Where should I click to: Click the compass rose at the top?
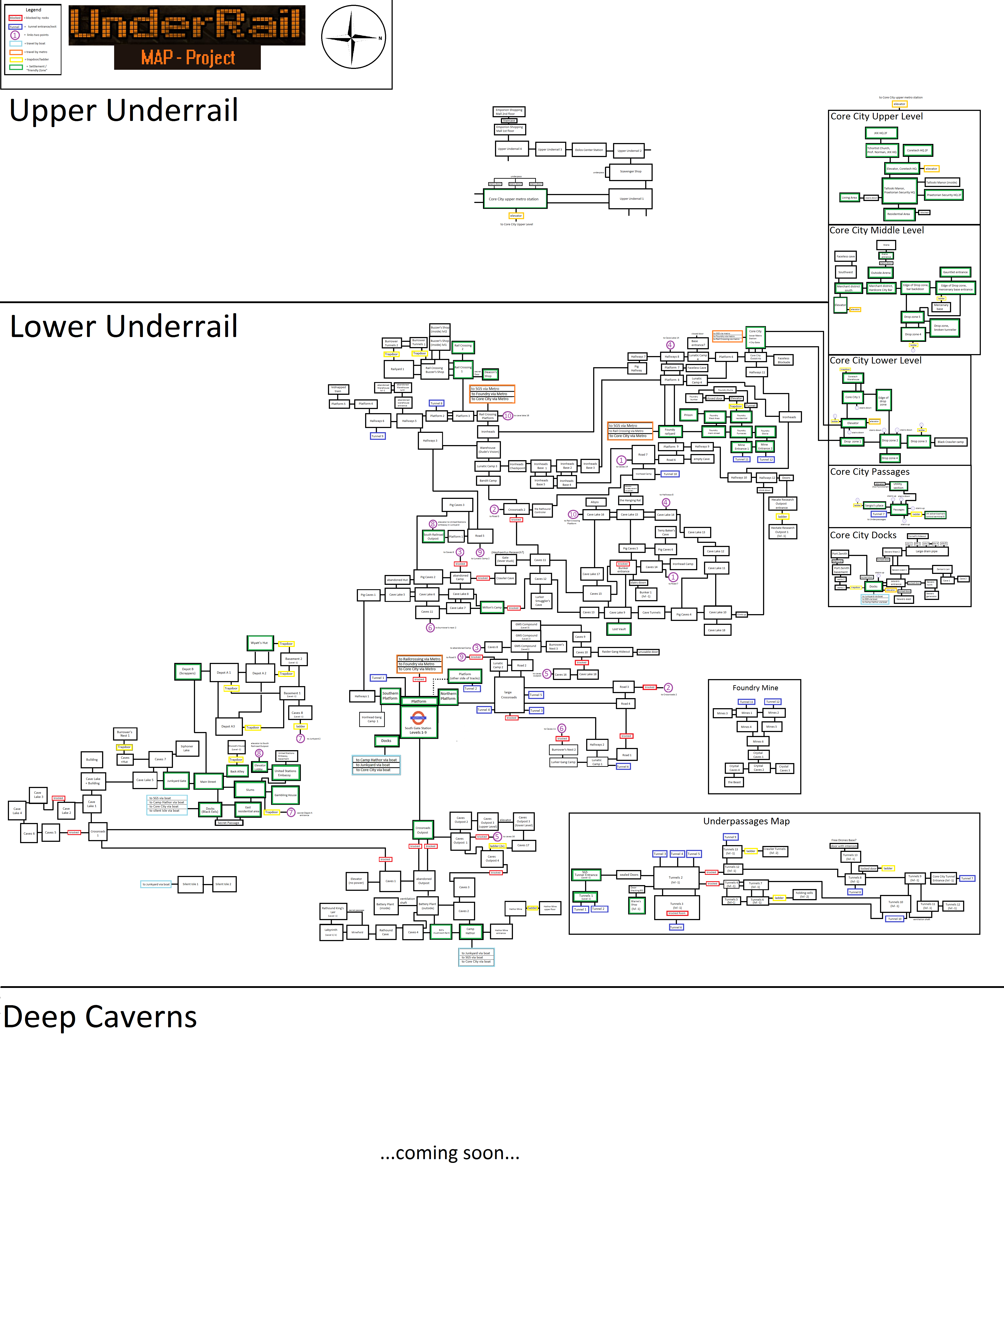click(353, 37)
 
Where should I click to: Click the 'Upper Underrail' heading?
click(124, 110)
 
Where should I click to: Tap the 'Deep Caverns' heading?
click(100, 1017)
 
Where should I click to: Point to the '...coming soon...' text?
click(450, 1153)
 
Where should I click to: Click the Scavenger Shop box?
click(631, 171)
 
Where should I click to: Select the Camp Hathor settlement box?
click(470, 931)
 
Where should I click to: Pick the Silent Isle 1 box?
click(190, 884)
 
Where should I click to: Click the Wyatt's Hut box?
click(260, 643)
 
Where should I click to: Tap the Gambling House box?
click(285, 795)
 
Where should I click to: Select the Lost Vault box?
click(619, 629)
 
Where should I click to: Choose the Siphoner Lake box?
click(187, 748)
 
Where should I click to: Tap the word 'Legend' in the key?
click(33, 10)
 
